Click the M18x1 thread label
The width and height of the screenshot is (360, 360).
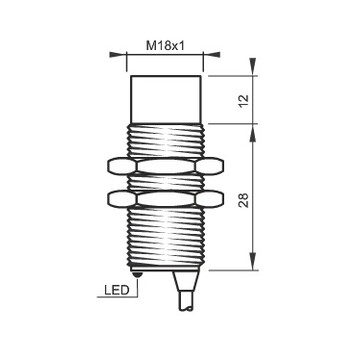pos(165,46)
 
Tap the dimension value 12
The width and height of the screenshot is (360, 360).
pos(244,100)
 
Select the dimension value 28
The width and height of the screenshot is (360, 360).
pos(244,200)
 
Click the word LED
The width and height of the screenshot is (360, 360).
pos(117,290)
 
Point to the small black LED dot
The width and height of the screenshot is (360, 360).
pos(137,275)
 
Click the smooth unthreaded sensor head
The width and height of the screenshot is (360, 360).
pos(166,99)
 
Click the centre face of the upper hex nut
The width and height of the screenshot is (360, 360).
pos(166,166)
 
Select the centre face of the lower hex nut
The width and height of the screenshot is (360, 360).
pos(166,198)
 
